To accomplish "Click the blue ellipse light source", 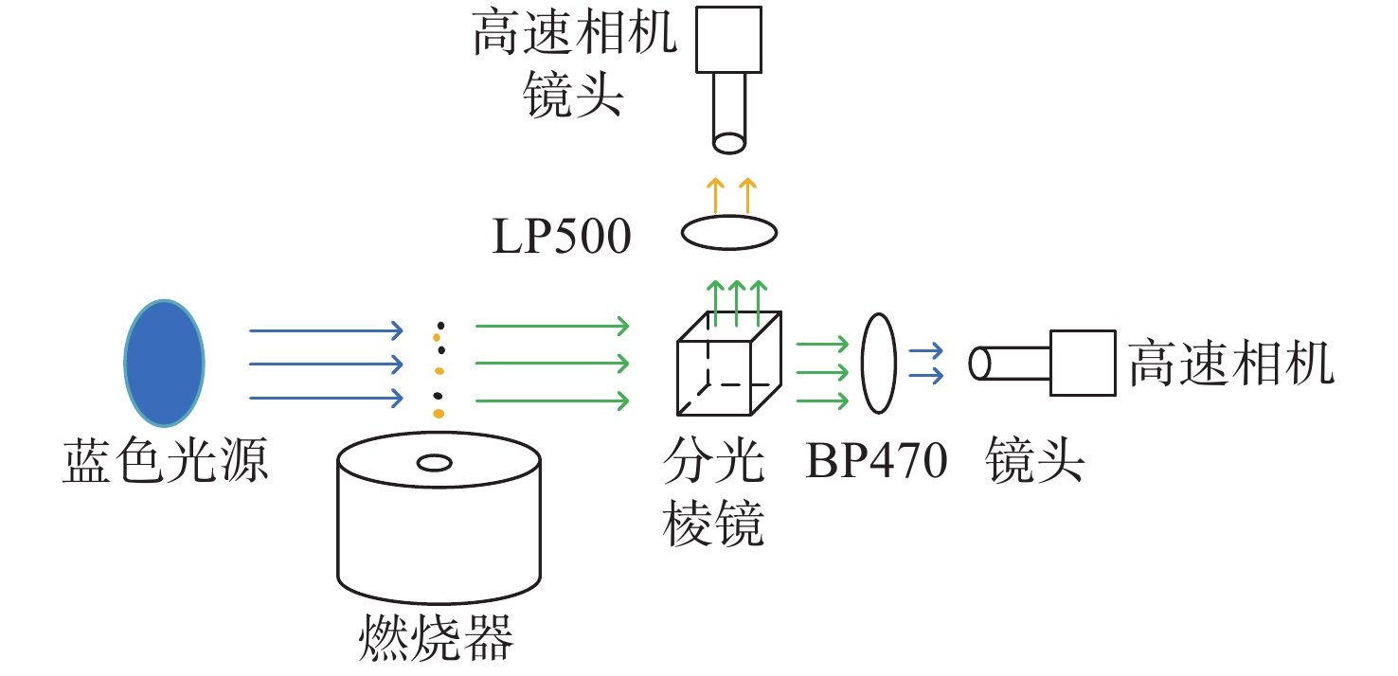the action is click(164, 364).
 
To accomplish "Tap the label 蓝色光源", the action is click(166, 461).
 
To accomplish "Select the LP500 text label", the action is click(562, 237).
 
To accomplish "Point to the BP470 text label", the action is click(877, 461).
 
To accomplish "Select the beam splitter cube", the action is click(729, 364).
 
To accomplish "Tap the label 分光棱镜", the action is click(713, 492).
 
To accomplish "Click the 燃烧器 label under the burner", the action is click(437, 638).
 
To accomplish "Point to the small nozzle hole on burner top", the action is click(435, 463).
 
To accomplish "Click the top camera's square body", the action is click(729, 40).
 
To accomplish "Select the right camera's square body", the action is click(1083, 363).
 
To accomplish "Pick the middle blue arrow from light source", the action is click(327, 364).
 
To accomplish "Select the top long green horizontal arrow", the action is click(552, 326).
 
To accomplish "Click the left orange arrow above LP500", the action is click(715, 196).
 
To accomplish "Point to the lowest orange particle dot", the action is click(439, 414).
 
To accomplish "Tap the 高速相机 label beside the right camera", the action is click(1231, 363).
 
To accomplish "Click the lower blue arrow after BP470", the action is click(926, 376).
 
